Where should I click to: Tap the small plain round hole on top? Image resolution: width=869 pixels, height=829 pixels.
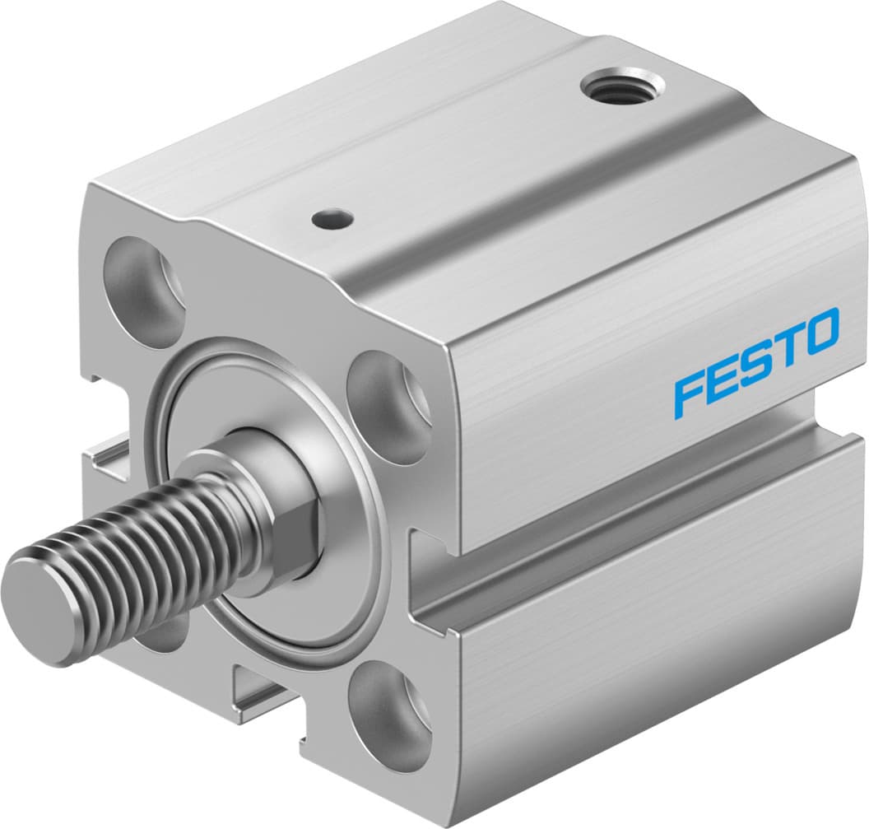pyautogui.click(x=332, y=218)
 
